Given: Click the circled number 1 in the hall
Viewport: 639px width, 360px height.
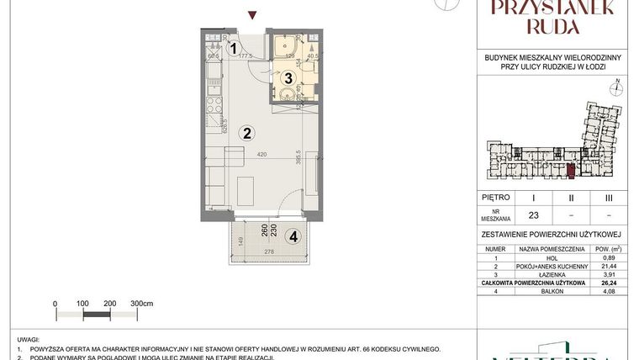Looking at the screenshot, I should click(235, 49).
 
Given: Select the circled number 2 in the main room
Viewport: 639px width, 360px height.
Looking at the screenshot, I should click(247, 132).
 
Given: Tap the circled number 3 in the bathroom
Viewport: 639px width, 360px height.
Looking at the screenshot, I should click(288, 78).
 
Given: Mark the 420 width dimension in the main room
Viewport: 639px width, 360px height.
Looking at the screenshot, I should click(262, 156).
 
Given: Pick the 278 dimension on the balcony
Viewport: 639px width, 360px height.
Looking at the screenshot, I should click(268, 252).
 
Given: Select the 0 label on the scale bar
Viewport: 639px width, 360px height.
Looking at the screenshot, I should click(55, 303).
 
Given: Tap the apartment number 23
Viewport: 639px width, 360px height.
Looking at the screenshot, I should click(533, 214).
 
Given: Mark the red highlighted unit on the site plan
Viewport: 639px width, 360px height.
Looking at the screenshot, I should click(571, 171).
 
